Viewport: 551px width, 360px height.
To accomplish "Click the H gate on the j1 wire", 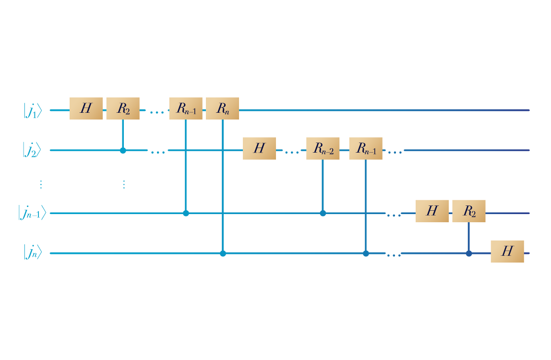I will [x=86, y=108].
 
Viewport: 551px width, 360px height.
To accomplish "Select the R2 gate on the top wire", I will [x=123, y=108].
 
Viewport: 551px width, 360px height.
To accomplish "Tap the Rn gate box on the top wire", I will [x=222, y=108].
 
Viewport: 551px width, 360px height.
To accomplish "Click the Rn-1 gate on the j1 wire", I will [x=186, y=108].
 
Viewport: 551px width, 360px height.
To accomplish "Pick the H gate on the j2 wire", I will [x=259, y=148].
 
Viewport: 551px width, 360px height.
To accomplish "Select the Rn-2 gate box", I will [x=323, y=148].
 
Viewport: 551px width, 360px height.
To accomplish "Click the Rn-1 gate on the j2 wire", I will [x=366, y=148].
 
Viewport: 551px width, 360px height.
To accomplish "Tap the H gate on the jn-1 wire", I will [x=432, y=211].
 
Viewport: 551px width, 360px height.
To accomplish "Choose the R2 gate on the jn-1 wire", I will [x=469, y=211].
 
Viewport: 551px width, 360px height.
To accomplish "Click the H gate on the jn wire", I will [x=507, y=251].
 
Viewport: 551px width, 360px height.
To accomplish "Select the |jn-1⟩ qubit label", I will [x=32, y=213].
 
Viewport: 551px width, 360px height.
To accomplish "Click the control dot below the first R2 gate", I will [x=123, y=150].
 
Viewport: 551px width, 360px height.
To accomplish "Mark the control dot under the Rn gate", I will [x=223, y=253].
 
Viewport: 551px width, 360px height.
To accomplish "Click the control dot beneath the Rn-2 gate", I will [x=323, y=213].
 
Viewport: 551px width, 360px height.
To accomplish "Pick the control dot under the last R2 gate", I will [x=469, y=253].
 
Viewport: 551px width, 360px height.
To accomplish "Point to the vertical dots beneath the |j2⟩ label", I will [x=41, y=184].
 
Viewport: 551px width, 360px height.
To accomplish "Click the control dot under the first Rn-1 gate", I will [x=186, y=213].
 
